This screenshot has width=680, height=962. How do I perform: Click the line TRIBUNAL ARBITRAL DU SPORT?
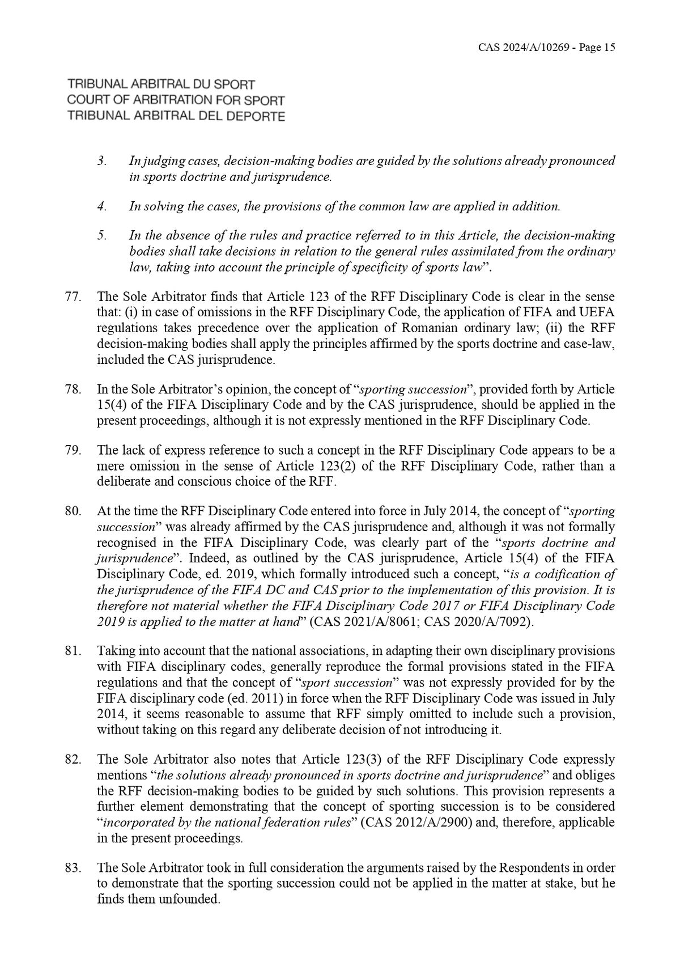[161, 84]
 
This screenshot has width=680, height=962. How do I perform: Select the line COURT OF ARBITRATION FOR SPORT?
[176, 100]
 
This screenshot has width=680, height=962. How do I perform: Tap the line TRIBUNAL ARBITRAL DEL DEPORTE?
[176, 116]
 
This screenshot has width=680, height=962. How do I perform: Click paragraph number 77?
[74, 296]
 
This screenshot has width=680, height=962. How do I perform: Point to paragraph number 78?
[74, 389]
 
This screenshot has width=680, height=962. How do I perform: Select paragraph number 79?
[74, 451]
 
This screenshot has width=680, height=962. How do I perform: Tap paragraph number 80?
[74, 512]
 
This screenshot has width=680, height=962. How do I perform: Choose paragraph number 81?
[74, 651]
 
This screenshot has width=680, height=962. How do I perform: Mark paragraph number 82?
[74, 759]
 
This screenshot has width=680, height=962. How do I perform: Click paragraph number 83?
[74, 868]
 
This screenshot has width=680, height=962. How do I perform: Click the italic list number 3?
[101, 161]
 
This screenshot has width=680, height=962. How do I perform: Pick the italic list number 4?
[101, 206]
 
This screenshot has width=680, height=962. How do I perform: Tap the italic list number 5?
[101, 235]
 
